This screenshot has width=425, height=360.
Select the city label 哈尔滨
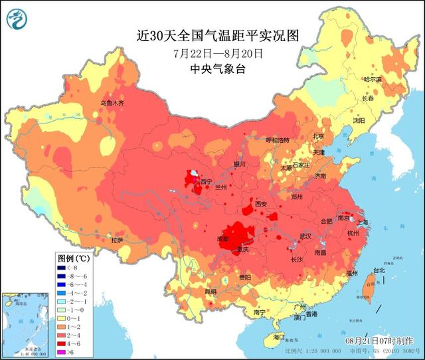tap(373, 79)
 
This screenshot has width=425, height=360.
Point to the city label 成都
tap(223, 237)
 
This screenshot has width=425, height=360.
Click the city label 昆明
tap(211, 291)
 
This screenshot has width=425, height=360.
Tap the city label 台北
tap(379, 271)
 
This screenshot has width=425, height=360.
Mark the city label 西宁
tap(206, 181)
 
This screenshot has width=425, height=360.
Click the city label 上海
tap(362, 222)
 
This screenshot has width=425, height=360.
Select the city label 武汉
tap(306, 236)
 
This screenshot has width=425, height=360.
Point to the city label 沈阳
tap(377, 121)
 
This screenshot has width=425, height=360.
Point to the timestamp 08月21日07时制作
tap(379, 340)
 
